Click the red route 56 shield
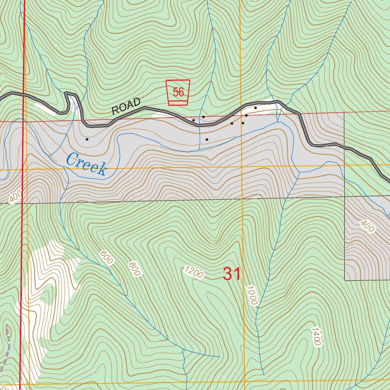point(178,93)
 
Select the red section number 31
point(232,274)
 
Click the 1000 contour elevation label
point(252,295)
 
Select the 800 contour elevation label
point(135,269)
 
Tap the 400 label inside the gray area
point(367,226)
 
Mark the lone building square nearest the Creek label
point(87,139)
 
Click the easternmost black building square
point(256,108)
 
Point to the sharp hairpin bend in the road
point(70,95)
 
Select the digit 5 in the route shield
point(175,92)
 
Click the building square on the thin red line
point(203,117)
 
